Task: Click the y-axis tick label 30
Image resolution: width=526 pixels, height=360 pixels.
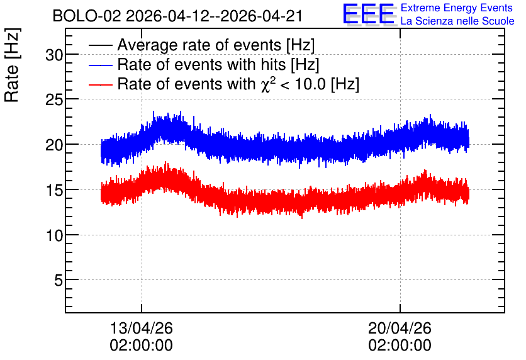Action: pos(55,55)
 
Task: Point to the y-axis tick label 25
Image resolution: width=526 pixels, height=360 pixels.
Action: pos(55,99)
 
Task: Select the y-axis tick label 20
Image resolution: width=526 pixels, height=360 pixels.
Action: pos(55,145)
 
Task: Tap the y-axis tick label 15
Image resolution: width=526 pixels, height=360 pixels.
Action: pos(55,190)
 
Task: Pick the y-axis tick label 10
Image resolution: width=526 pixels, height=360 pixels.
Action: pos(55,235)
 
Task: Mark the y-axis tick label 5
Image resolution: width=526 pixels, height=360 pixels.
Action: pos(59,280)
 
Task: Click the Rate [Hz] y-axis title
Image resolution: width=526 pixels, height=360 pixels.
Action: pos(12,65)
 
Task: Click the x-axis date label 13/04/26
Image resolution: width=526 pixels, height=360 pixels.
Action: pos(141,328)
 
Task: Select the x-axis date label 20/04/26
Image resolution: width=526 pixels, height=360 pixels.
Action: pos(400,328)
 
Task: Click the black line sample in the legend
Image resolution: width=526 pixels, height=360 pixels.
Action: pos(100,45)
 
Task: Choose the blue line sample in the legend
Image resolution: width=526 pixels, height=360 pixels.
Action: pos(100,65)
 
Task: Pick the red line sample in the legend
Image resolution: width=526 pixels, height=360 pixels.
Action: pos(100,84)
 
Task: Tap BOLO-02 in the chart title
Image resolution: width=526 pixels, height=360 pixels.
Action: pos(87,16)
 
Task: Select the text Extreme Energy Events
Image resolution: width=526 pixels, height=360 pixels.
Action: pos(457,8)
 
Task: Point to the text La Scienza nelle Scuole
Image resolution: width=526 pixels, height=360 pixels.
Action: pos(457,21)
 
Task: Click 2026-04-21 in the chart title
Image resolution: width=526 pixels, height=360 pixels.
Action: pos(261,16)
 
